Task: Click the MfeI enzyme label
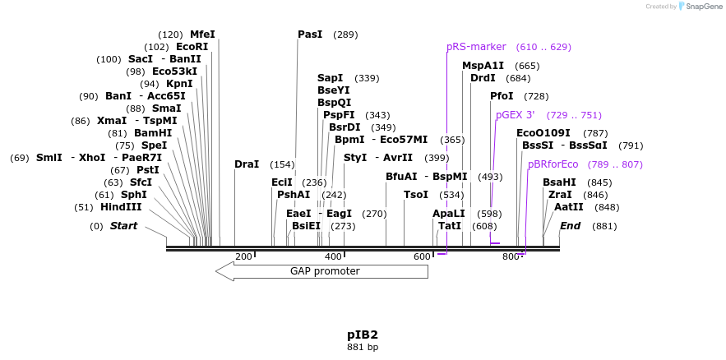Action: click(x=202, y=35)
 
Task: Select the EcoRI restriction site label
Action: click(x=192, y=47)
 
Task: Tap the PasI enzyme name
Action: click(x=310, y=35)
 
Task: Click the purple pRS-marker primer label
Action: click(x=476, y=47)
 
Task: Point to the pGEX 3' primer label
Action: click(x=516, y=115)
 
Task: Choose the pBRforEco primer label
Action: click(x=553, y=164)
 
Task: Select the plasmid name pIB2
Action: click(x=362, y=335)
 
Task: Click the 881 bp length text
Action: click(x=362, y=347)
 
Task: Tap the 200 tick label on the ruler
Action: click(x=243, y=257)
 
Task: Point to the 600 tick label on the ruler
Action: click(x=422, y=257)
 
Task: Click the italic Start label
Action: click(x=124, y=226)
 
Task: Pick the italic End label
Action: click(x=571, y=226)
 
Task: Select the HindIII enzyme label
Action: click(x=121, y=207)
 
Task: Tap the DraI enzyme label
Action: click(x=247, y=164)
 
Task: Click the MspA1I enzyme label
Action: click(x=483, y=66)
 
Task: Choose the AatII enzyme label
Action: click(x=569, y=207)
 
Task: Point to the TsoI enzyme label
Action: click(x=416, y=195)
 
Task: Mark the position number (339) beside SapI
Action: click(x=367, y=78)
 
